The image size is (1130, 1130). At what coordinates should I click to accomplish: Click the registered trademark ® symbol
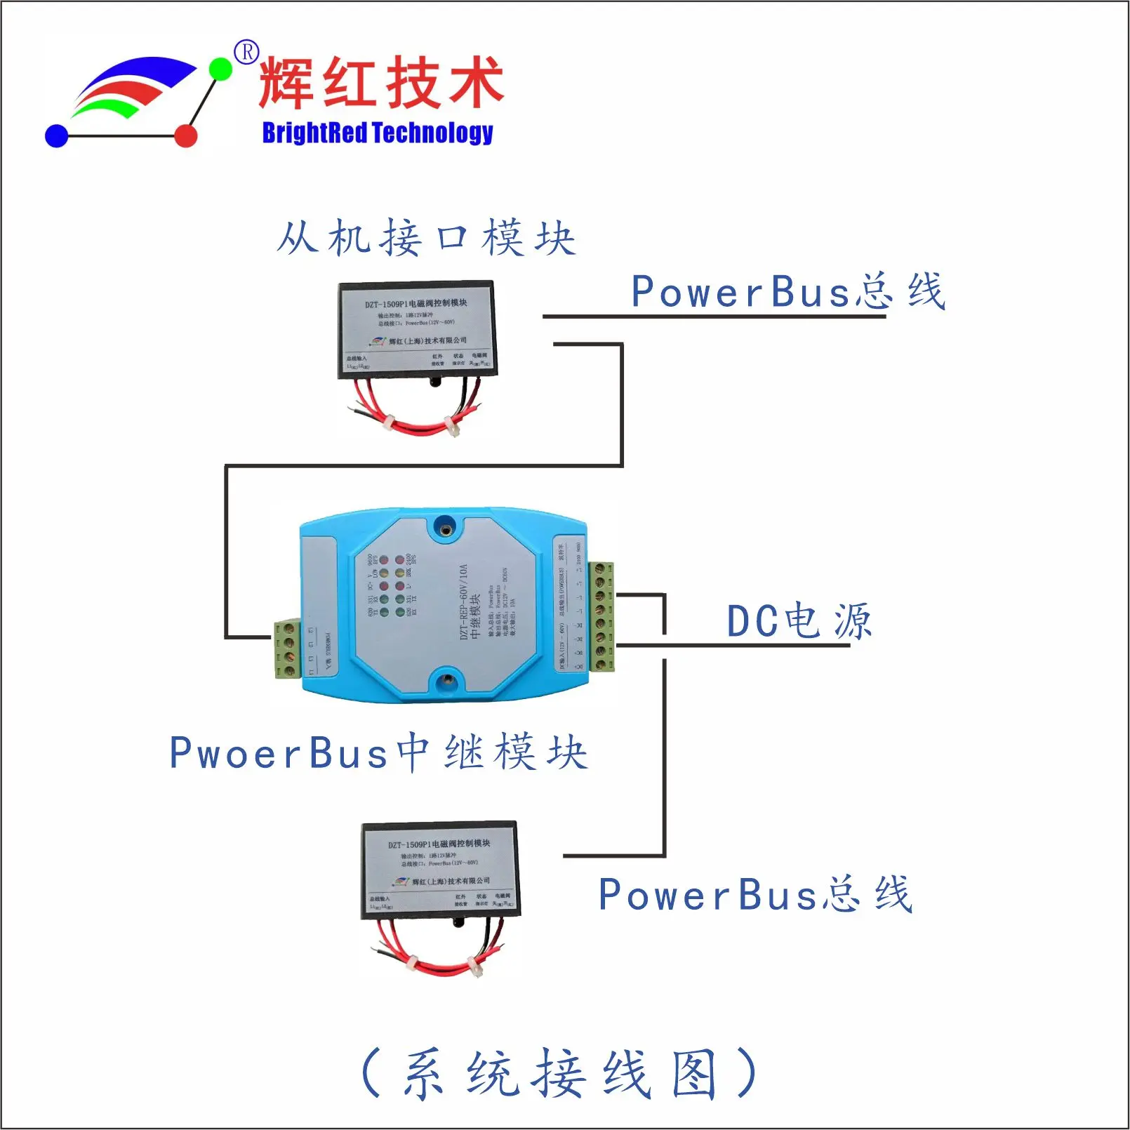tap(246, 52)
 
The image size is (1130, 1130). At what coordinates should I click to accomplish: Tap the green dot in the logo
tap(221, 69)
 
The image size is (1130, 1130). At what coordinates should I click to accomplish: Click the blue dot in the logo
tap(56, 136)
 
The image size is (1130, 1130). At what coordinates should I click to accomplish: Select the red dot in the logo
tap(186, 135)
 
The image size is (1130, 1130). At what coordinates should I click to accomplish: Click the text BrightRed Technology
tap(378, 133)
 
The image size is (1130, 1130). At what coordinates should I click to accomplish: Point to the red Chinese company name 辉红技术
tap(381, 83)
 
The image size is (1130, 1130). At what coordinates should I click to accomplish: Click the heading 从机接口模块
tap(426, 238)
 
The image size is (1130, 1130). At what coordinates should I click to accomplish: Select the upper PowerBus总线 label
tap(787, 291)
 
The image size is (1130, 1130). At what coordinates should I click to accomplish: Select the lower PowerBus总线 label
tap(755, 894)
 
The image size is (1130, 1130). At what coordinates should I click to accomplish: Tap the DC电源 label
tap(799, 621)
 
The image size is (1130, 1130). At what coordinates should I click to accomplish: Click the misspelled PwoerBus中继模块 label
tap(378, 752)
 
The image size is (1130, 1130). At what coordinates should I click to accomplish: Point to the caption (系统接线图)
tap(559, 1073)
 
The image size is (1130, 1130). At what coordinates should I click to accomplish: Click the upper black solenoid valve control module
tap(417, 330)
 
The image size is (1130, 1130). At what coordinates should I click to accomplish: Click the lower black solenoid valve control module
tap(440, 870)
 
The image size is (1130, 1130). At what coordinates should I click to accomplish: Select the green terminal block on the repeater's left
tap(288, 649)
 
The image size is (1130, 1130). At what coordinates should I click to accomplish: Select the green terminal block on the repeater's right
tap(601, 616)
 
